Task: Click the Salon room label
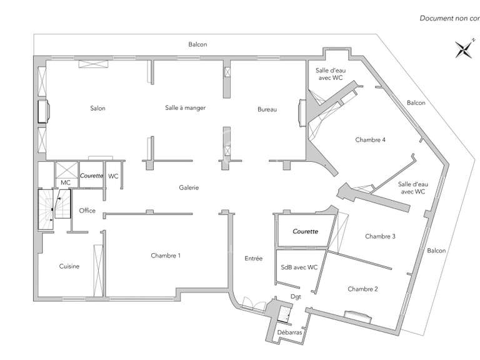click(x=97, y=109)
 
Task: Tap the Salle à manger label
click(x=185, y=107)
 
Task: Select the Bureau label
click(x=267, y=110)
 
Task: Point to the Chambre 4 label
click(x=370, y=139)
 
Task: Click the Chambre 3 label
click(x=380, y=236)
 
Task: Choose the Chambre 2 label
click(x=363, y=289)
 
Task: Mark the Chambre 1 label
click(x=166, y=255)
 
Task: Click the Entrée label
click(x=254, y=258)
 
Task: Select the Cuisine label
click(x=69, y=266)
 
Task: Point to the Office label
click(x=87, y=211)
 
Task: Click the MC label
click(x=65, y=182)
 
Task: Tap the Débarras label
click(x=289, y=332)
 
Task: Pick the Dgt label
click(x=296, y=297)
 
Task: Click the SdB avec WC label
click(x=299, y=267)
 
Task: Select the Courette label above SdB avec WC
click(x=305, y=231)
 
